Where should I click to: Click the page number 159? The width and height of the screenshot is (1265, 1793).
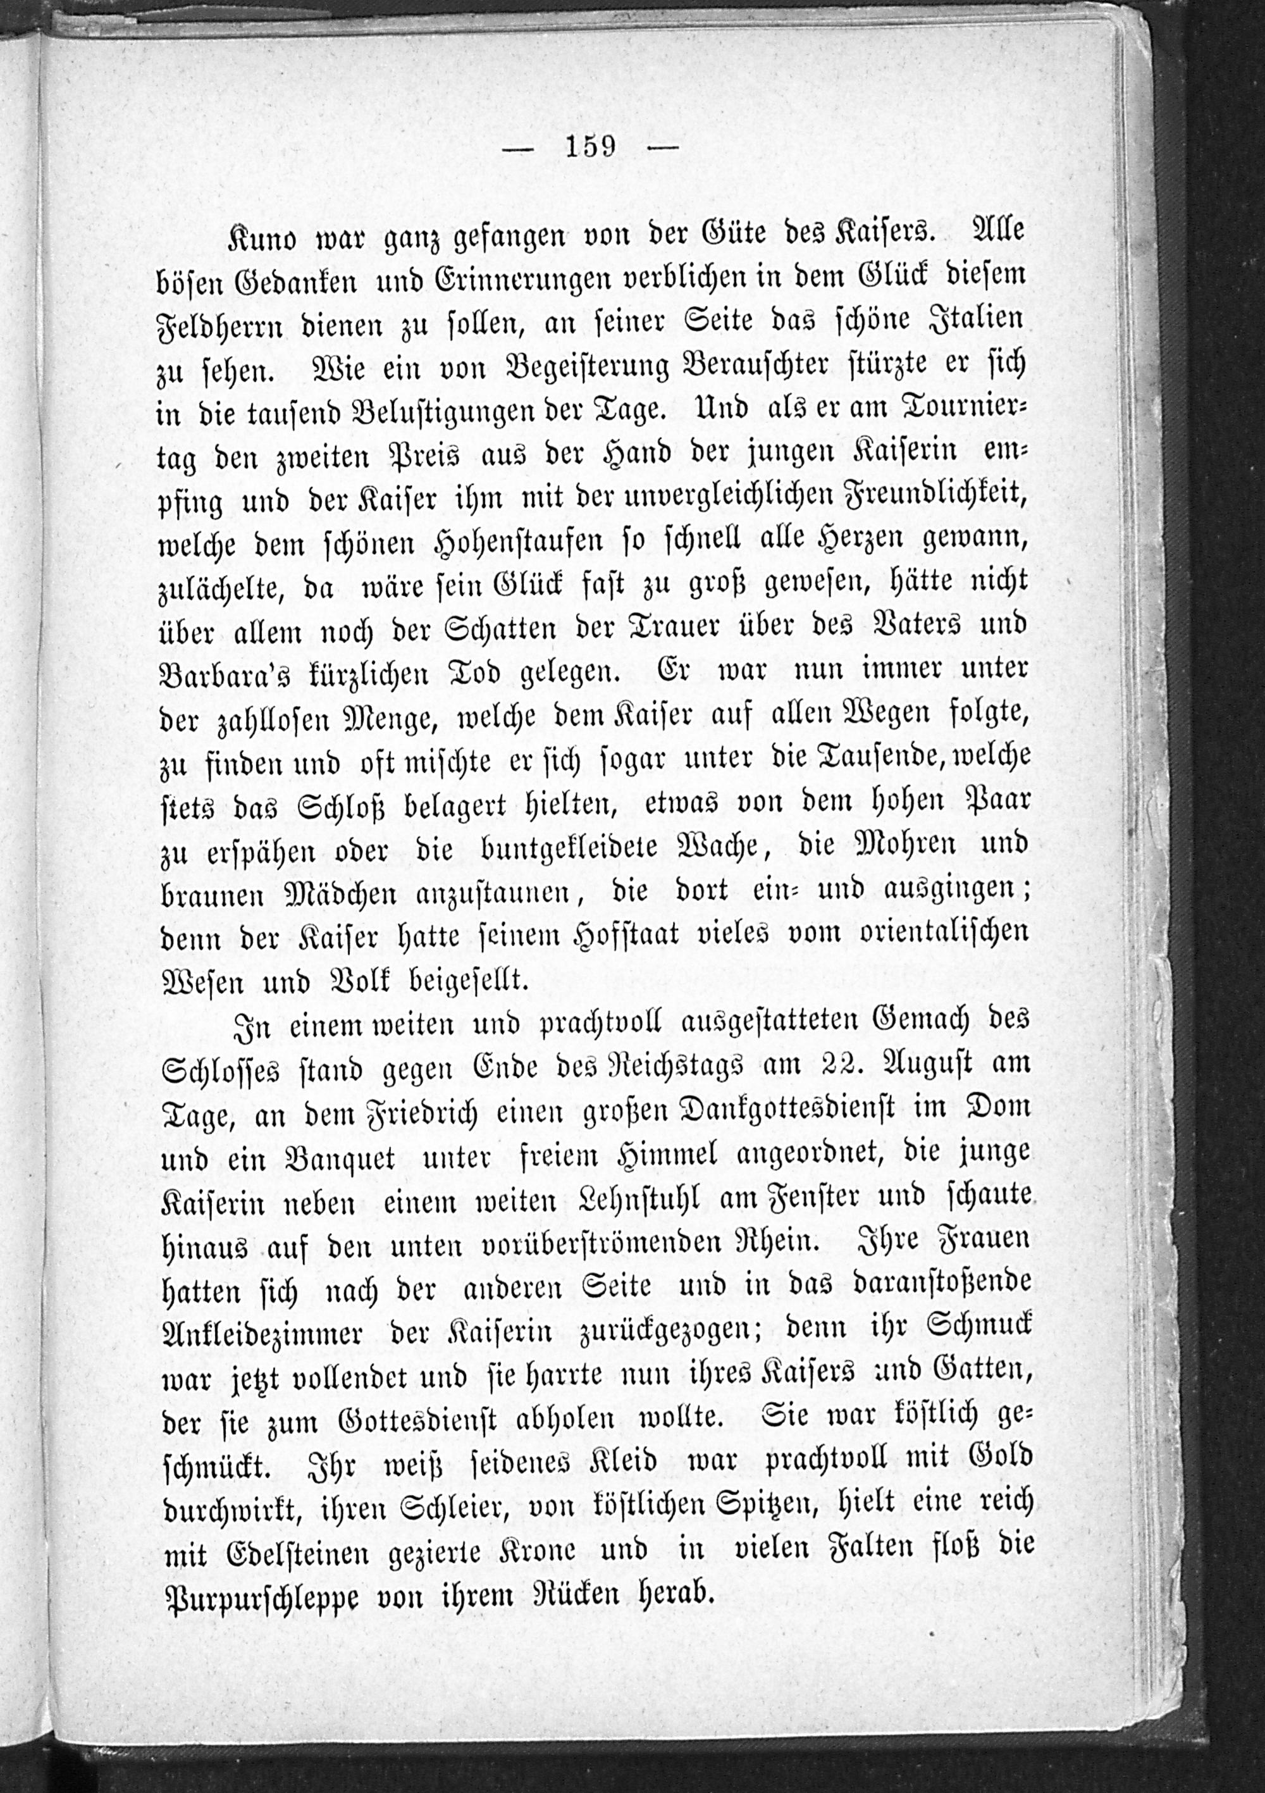(x=591, y=146)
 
